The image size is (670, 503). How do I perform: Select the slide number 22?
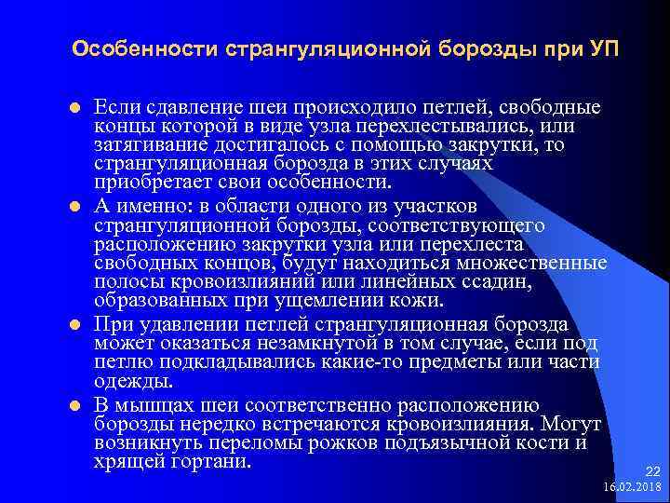coord(651,472)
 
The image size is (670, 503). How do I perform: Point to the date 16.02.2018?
coord(632,488)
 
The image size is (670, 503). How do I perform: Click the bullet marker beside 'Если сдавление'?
coord(76,106)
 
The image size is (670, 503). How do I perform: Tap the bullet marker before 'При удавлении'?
coord(76,325)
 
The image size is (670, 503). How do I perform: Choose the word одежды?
coord(128,381)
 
